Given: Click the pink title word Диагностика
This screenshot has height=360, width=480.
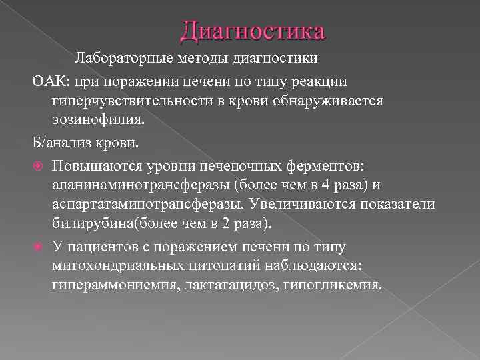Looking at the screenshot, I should (253, 31).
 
